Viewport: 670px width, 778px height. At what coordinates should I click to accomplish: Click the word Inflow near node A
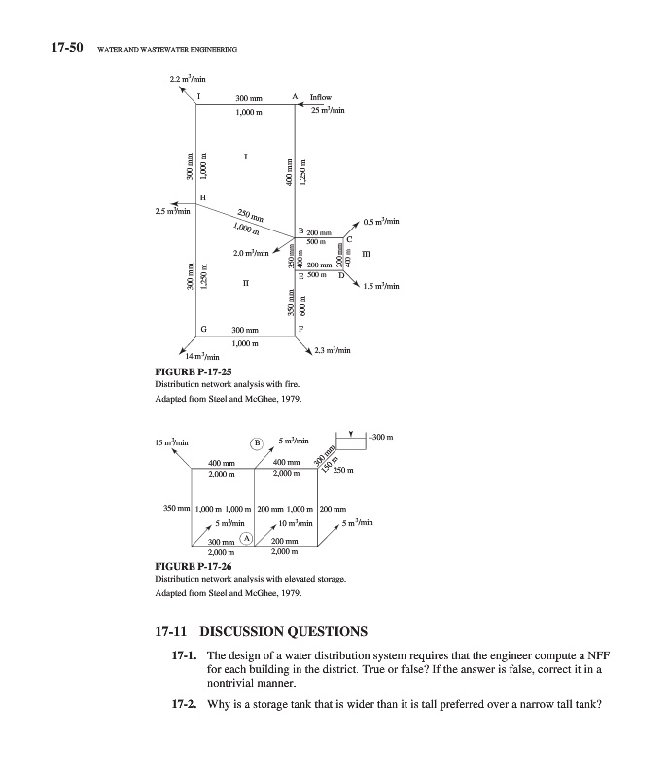(320, 97)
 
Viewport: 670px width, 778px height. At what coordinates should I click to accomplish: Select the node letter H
(202, 197)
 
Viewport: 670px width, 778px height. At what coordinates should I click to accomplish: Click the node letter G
(202, 329)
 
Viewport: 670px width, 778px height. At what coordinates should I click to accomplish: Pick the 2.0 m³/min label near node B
(251, 254)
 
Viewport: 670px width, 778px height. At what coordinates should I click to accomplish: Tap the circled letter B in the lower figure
(258, 441)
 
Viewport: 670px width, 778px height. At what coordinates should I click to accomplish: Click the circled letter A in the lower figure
(246, 538)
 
